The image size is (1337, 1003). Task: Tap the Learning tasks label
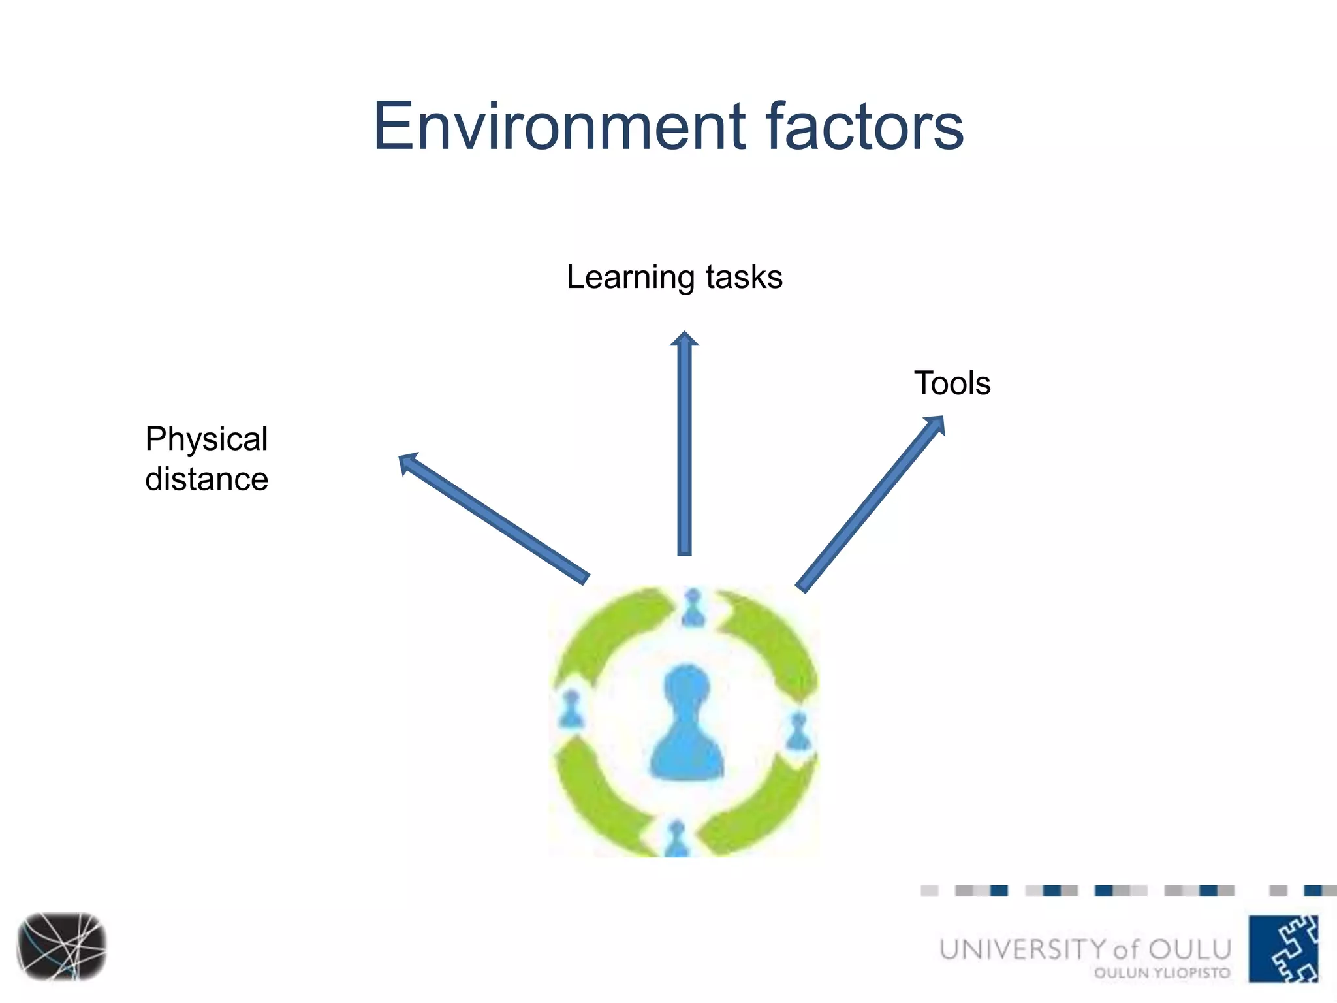[x=674, y=277]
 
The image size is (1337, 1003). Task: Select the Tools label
[x=952, y=383]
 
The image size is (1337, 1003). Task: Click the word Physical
[x=206, y=439]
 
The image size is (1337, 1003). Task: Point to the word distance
[x=206, y=479]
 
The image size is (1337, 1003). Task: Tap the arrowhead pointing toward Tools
[x=936, y=424]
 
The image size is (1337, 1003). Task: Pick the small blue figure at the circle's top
[x=693, y=607]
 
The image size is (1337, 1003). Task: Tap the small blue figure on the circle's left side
[x=572, y=710]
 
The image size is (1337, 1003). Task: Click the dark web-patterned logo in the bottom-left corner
[x=62, y=946]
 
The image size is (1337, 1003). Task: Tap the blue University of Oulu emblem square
[x=1283, y=948]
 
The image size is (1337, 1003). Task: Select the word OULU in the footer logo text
[x=1189, y=949]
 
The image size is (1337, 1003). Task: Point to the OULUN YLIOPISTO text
[x=1162, y=973]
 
